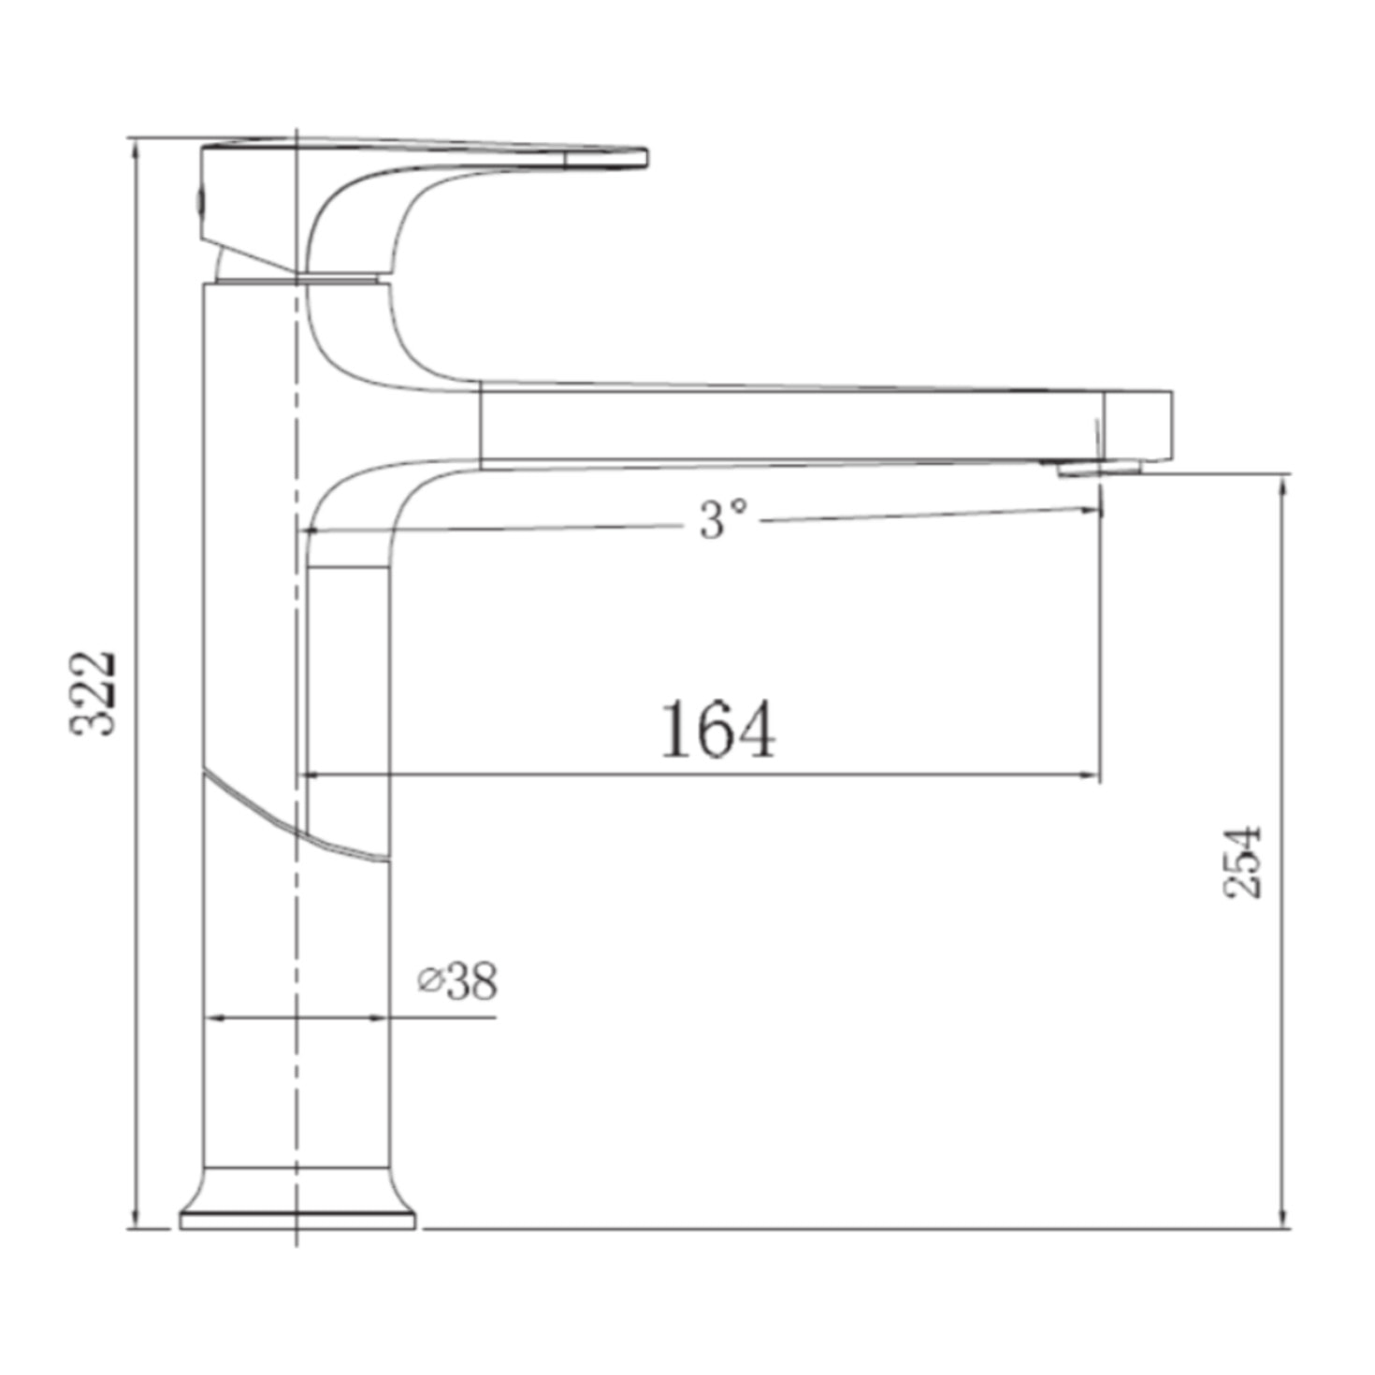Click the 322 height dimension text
pos(94,692)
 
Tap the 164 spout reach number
pos(717,731)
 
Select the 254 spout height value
pos(1245,861)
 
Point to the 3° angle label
pos(723,519)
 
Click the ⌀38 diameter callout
pos(458,980)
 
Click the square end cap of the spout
pos(1137,425)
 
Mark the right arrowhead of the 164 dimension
pos(1091,774)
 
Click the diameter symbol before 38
pos(429,981)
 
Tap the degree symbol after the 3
pos(739,507)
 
